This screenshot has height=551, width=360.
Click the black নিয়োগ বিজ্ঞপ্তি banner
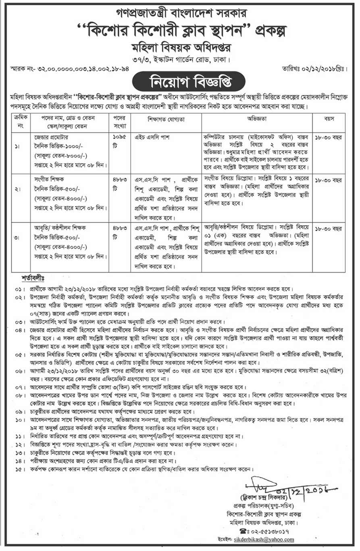[180, 82]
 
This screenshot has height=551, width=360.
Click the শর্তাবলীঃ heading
[35, 278]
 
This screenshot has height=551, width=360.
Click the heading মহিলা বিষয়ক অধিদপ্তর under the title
[180, 45]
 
